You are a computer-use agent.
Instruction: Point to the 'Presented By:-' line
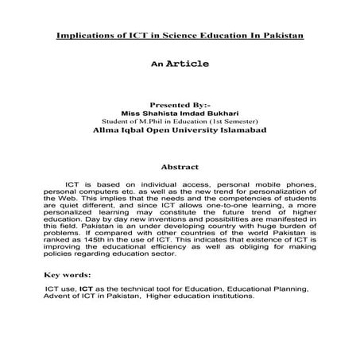click(x=179, y=104)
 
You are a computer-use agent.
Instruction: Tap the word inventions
click(x=198, y=235)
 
